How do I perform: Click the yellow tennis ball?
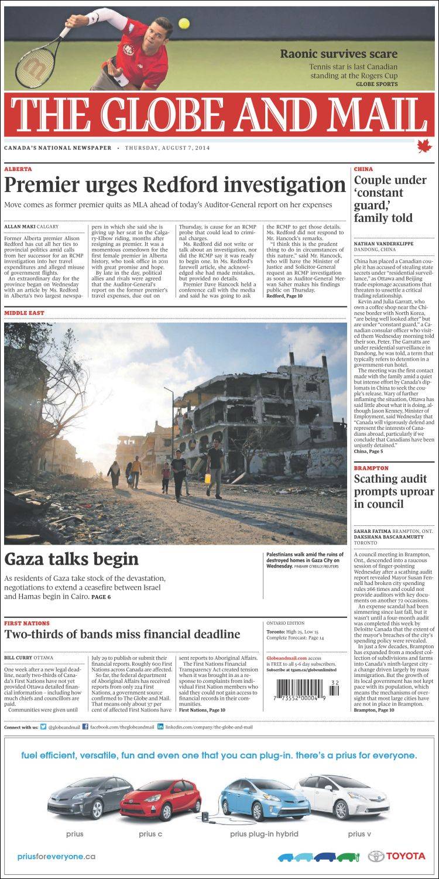click(x=184, y=23)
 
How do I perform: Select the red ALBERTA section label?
click(x=18, y=169)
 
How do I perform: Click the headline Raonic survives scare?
click(x=338, y=54)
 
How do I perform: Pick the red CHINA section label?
click(x=363, y=169)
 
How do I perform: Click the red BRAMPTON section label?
click(x=371, y=468)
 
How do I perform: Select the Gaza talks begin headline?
click(x=71, y=559)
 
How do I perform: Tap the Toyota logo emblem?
click(x=375, y=856)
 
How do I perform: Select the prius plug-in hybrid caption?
click(x=264, y=834)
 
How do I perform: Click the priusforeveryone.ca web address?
click(x=56, y=856)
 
